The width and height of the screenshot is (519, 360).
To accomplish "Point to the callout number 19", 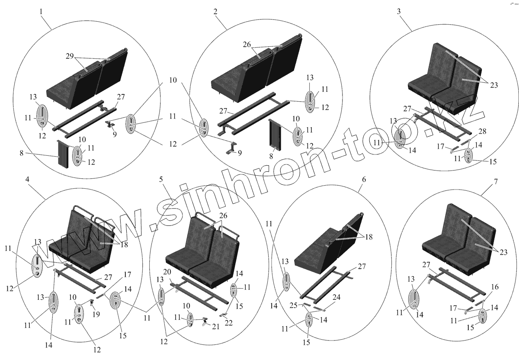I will tap(96, 314).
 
